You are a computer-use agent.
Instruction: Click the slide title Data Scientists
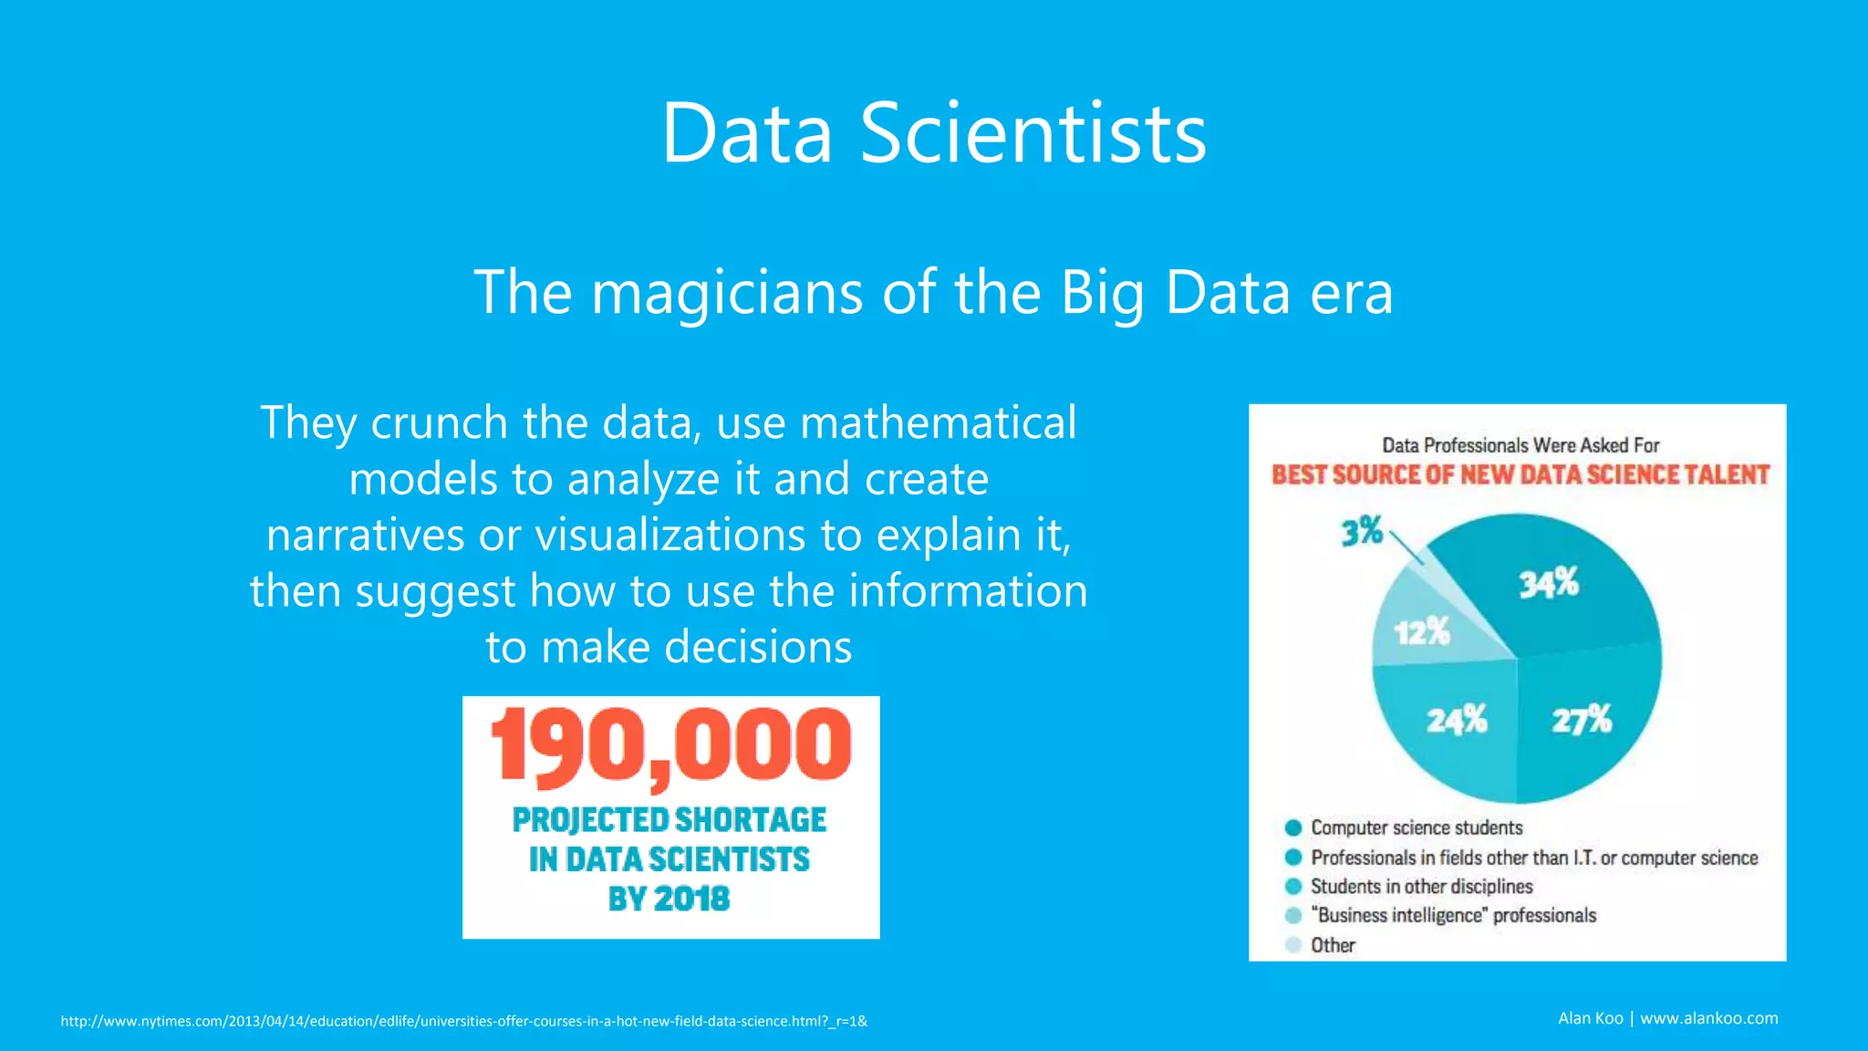click(x=933, y=134)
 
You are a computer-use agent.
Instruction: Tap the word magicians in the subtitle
click(x=727, y=293)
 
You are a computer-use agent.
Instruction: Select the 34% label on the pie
click(x=1548, y=583)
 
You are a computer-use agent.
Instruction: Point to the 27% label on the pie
click(x=1582, y=720)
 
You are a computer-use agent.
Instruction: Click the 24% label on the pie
click(x=1457, y=720)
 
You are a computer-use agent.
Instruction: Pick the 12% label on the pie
click(x=1421, y=630)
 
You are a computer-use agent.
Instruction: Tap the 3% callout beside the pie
click(x=1362, y=531)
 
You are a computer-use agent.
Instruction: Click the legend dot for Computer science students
click(x=1292, y=828)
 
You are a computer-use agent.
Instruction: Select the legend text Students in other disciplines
click(x=1421, y=887)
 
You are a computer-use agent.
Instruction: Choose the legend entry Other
click(x=1333, y=945)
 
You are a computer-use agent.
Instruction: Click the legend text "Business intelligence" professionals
click(x=1453, y=916)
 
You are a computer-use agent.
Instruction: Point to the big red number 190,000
click(x=670, y=747)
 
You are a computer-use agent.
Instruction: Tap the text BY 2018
click(x=669, y=900)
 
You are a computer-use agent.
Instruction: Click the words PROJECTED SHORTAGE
click(x=669, y=820)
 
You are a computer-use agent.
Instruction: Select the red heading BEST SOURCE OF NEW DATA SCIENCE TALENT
click(x=1520, y=475)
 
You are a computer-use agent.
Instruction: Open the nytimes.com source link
click(x=463, y=1021)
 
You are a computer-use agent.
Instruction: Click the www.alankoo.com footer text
click(x=1708, y=1018)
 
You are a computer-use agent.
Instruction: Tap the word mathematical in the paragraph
click(x=938, y=423)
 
